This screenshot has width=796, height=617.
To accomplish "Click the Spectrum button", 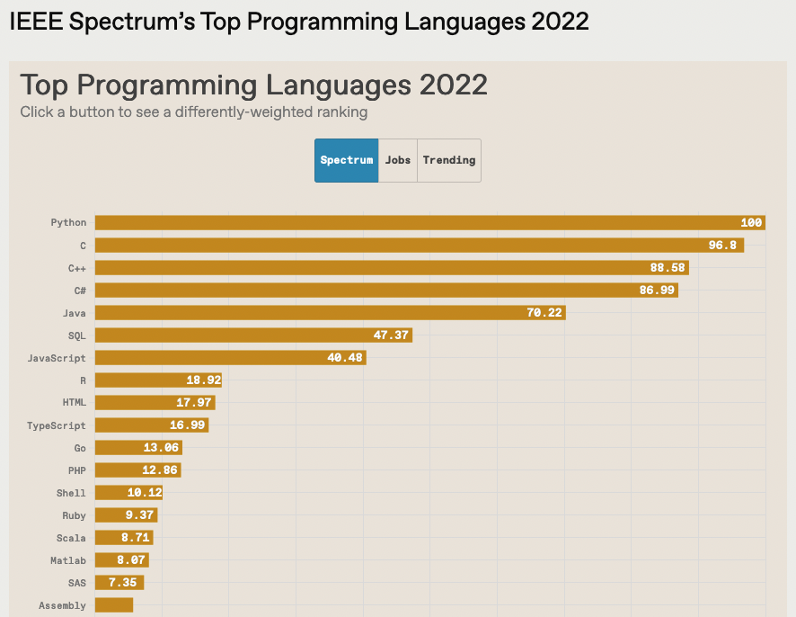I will click(x=347, y=160).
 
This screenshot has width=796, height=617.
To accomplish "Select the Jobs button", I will click(x=398, y=160).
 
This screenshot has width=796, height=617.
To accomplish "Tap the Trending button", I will click(x=449, y=160).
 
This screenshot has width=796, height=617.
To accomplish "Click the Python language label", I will click(x=69, y=223).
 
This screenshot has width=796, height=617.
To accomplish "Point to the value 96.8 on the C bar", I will click(x=722, y=246).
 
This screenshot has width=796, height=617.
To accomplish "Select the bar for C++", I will click(x=392, y=268).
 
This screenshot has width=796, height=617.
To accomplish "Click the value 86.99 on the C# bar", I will click(x=655, y=291).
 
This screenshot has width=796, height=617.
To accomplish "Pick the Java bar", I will click(x=330, y=313).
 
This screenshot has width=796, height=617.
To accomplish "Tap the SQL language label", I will click(x=77, y=335).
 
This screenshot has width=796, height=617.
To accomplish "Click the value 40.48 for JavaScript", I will click(x=344, y=358).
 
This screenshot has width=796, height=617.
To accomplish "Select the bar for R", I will click(x=158, y=380).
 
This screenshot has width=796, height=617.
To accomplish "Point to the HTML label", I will click(x=75, y=403).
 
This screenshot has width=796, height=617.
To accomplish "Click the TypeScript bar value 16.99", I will click(x=188, y=425).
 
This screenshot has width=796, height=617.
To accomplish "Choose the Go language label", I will click(x=81, y=448).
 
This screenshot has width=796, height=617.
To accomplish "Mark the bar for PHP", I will click(x=137, y=470).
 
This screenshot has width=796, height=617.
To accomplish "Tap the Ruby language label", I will click(x=75, y=515).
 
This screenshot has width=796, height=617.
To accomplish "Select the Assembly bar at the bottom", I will click(x=114, y=605).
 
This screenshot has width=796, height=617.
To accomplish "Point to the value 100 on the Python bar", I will click(x=751, y=223).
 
